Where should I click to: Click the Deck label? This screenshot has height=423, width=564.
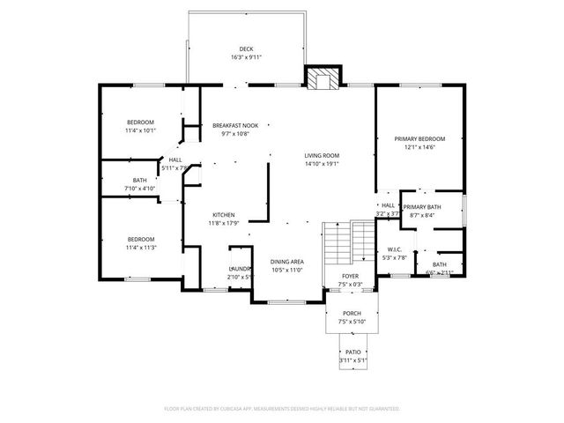pyautogui.click(x=246, y=48)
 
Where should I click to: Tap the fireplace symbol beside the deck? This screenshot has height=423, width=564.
pyautogui.click(x=320, y=78)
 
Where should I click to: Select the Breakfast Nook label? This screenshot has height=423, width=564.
pyautogui.click(x=235, y=126)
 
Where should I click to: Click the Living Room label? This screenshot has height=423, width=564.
pyautogui.click(x=322, y=155)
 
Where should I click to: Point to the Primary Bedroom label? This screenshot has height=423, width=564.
pyautogui.click(x=419, y=138)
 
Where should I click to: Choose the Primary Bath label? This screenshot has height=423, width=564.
pyautogui.click(x=422, y=207)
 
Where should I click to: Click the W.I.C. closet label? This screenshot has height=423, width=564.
pyautogui.click(x=394, y=249)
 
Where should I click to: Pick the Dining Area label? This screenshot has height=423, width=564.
pyautogui.click(x=286, y=262)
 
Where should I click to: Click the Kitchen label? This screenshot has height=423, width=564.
pyautogui.click(x=222, y=215)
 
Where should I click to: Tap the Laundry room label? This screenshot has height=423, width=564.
pyautogui.click(x=240, y=268)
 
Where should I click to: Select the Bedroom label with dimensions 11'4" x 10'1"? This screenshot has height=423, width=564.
pyautogui.click(x=140, y=122)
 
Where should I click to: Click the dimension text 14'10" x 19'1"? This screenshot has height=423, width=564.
pyautogui.click(x=322, y=164)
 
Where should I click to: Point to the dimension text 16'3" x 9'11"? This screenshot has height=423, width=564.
pyautogui.click(x=246, y=57)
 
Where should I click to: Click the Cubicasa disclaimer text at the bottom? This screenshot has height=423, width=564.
pyautogui.click(x=282, y=409)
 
